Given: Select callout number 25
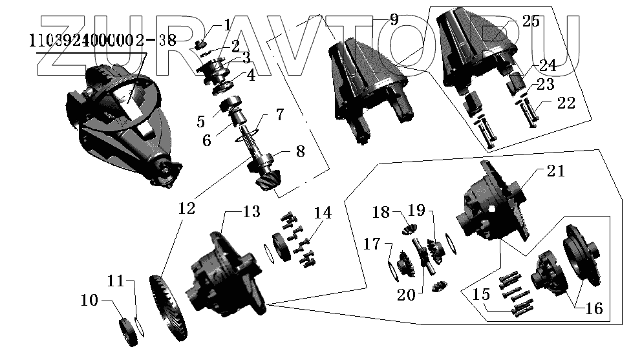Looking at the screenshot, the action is pyautogui.click(x=530, y=22).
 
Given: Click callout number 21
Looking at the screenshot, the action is pyautogui.click(x=555, y=172).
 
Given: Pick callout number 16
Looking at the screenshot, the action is pyautogui.click(x=594, y=309).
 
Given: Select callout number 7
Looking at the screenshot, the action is pyautogui.click(x=279, y=115).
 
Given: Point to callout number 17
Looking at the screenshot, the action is pyautogui.click(x=372, y=245).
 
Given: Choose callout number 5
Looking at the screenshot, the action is pyautogui.click(x=201, y=122).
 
